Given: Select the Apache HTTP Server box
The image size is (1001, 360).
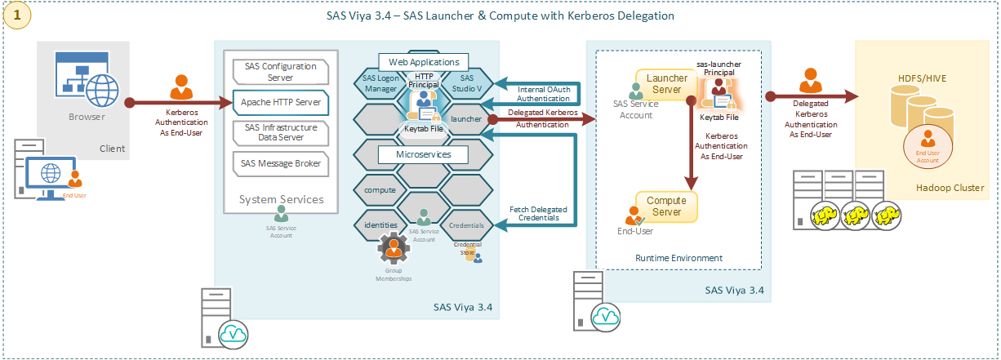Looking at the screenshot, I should point(280,102).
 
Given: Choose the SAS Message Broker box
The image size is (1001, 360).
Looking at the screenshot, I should point(280,163).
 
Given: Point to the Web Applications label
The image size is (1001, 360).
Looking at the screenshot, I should point(424,62).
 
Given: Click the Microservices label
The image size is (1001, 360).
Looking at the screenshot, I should point(424,153).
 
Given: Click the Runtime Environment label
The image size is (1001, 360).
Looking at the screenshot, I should point(678,258).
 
